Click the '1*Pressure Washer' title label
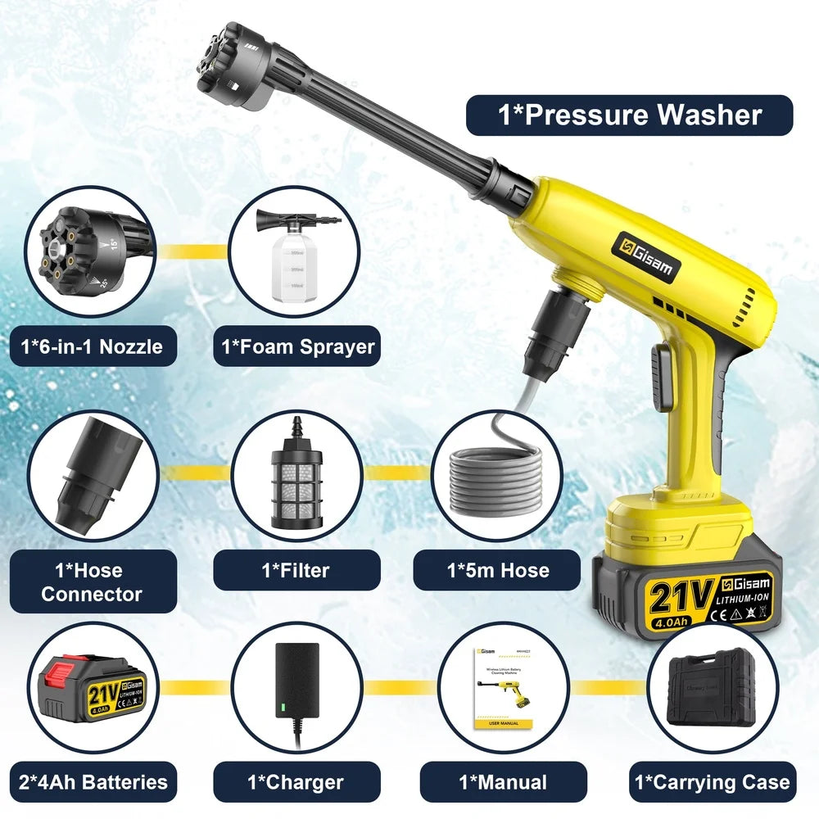click(629, 115)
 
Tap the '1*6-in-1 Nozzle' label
click(91, 346)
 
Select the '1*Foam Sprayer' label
click(297, 346)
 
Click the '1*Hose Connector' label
click(91, 581)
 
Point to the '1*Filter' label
click(296, 570)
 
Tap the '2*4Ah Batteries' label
click(91, 782)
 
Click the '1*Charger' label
click(296, 782)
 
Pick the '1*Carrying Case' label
click(712, 782)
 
